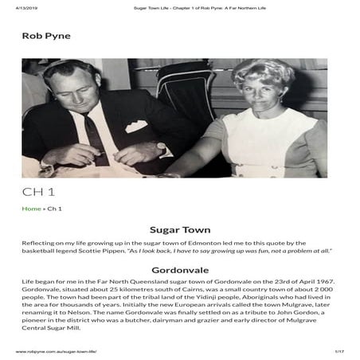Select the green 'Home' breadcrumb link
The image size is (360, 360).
pyautogui.click(x=31, y=209)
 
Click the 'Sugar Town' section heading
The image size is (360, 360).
pyautogui.click(x=179, y=230)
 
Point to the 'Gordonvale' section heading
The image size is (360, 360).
pyautogui.click(x=179, y=270)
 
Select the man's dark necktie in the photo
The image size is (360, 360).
pyautogui.click(x=94, y=135)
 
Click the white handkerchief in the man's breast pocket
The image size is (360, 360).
pyautogui.click(x=136, y=126)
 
